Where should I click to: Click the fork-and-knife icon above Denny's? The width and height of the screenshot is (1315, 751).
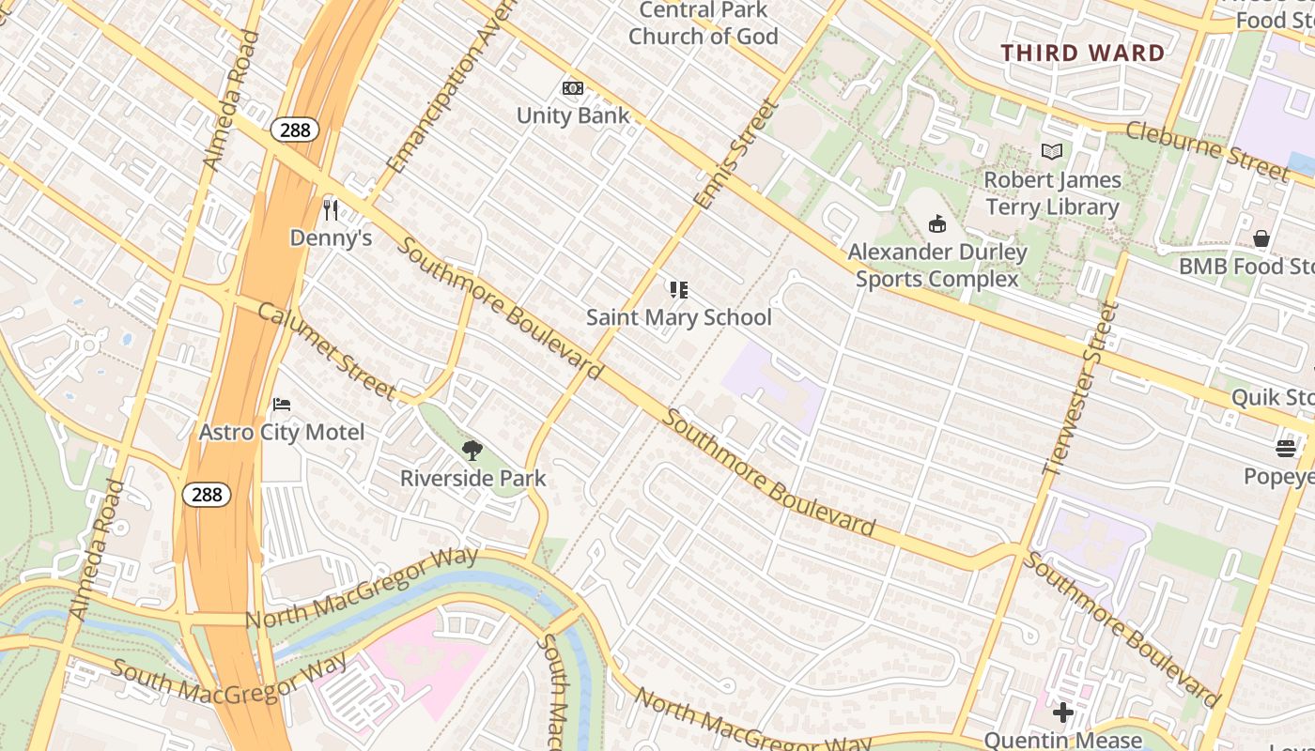tap(330, 209)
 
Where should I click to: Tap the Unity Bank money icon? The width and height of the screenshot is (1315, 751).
tap(573, 88)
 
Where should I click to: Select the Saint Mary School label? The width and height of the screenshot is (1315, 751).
tap(678, 317)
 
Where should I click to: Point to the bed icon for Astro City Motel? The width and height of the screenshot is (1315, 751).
tap(282, 405)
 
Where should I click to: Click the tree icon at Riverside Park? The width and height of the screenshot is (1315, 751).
tap(472, 451)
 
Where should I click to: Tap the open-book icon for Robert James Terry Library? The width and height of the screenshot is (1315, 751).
tap(1052, 151)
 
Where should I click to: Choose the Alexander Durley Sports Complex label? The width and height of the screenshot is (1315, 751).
tap(936, 266)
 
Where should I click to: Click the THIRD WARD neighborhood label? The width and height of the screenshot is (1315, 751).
tap(1083, 54)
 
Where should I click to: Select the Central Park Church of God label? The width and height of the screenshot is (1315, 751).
tap(703, 23)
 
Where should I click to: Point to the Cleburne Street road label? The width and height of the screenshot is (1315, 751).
tap(1206, 150)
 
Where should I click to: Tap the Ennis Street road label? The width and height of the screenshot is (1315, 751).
tap(737, 154)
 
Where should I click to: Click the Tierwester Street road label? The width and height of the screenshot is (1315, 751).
tap(1083, 389)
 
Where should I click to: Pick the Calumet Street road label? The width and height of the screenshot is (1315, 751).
tap(326, 349)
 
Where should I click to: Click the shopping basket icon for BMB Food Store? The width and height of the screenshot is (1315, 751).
tap(1261, 239)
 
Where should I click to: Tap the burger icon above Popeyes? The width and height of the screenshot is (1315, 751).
tap(1286, 449)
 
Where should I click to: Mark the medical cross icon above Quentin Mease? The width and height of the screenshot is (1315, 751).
tap(1062, 713)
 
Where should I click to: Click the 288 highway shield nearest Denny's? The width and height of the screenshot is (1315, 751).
tap(295, 130)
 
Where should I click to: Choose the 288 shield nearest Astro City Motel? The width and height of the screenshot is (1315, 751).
tap(207, 494)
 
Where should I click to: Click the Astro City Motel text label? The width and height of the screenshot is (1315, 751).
tap(282, 433)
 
